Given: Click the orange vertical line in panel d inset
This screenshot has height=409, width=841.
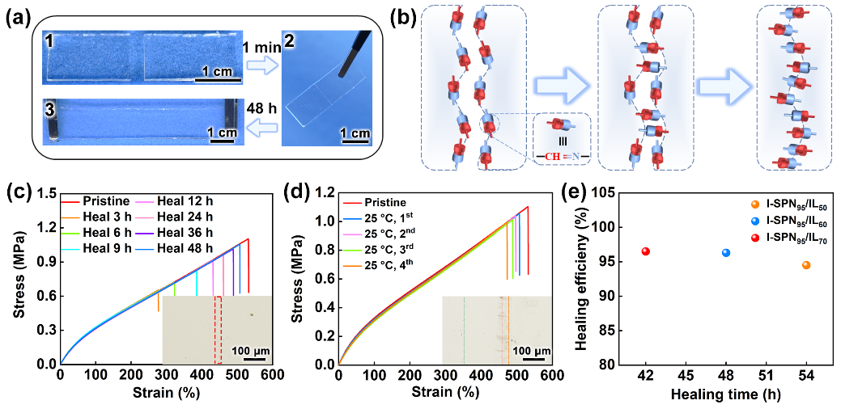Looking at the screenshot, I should point(508,330).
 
